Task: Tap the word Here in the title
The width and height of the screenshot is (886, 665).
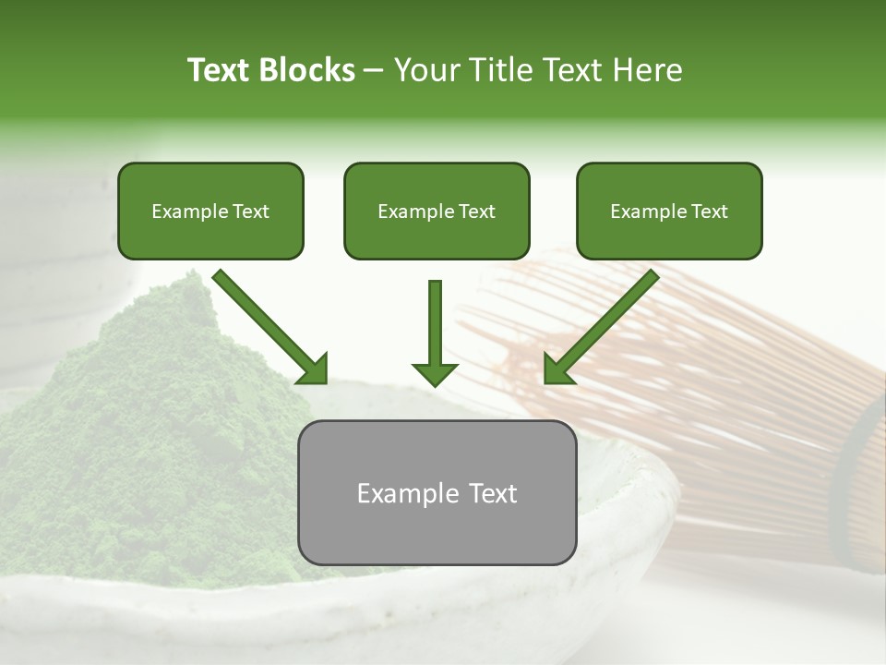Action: pos(651,70)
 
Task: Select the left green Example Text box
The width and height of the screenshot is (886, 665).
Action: pos(210,212)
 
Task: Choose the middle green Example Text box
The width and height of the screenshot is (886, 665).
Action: pos(437,212)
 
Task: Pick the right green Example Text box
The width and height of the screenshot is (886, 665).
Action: pos(669,212)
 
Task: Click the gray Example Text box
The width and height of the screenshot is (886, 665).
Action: pos(437,493)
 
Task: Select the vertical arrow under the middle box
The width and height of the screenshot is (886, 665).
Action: pos(435,323)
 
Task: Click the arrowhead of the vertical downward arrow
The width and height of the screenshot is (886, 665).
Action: pos(435,373)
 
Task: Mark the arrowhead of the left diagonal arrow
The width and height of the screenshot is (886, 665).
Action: pos(313,369)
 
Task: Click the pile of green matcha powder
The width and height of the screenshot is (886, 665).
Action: pos(148,434)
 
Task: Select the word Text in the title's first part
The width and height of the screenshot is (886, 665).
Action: pos(220,70)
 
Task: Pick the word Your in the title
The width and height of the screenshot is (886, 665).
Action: pos(427,70)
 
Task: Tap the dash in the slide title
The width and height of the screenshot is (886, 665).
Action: pos(374,70)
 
